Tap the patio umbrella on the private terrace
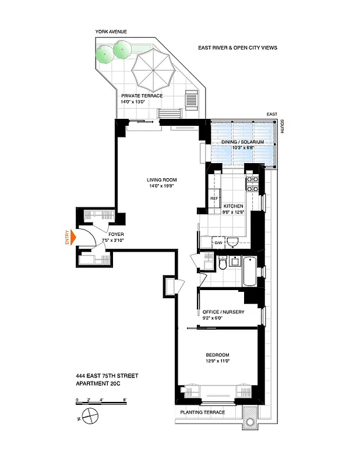(153, 70)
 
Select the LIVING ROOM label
(161, 179)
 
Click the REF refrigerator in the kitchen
(214, 198)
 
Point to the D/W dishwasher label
(218, 242)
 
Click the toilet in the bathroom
(222, 265)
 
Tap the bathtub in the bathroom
(248, 271)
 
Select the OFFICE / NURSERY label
(223, 312)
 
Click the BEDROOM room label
(217, 355)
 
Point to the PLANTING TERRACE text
(202, 412)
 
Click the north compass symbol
(90, 416)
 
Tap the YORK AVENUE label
(111, 31)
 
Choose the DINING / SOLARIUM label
(239, 142)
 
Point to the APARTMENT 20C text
(103, 383)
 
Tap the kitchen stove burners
(253, 184)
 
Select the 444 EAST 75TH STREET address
(107, 376)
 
